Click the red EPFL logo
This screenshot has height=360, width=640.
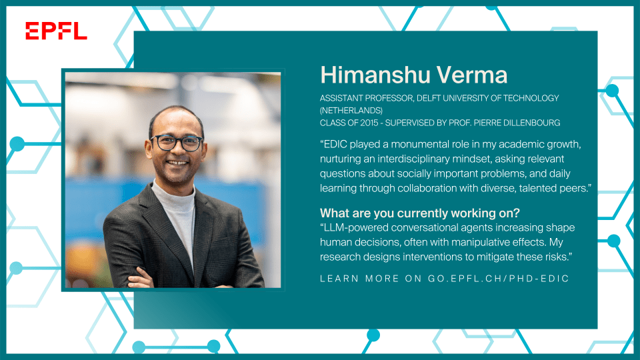click(56, 31)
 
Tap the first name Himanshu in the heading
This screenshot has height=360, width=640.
click(375, 75)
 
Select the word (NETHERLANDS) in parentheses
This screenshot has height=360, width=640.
click(351, 110)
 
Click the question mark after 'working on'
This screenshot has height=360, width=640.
click(517, 213)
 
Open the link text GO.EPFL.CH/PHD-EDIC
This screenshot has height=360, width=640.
click(498, 279)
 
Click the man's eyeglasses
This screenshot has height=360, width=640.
click(176, 143)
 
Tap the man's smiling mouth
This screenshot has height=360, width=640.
click(177, 163)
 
